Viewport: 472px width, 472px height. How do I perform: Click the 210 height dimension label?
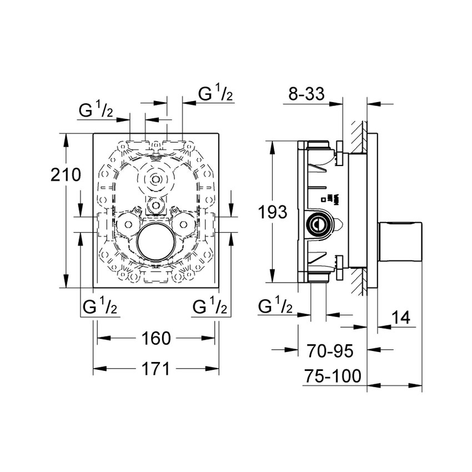click(x=66, y=176)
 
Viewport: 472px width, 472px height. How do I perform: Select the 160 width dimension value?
click(x=156, y=338)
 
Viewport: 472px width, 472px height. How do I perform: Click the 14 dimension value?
click(x=400, y=318)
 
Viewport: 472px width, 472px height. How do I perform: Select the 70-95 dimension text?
click(x=330, y=351)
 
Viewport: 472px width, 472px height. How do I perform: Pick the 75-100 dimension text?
click(x=333, y=376)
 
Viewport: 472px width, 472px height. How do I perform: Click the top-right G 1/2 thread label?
click(x=215, y=94)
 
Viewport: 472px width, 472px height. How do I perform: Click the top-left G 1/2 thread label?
click(x=96, y=111)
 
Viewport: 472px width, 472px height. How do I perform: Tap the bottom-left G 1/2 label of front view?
click(x=99, y=306)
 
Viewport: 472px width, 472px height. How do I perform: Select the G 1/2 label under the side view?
click(x=276, y=306)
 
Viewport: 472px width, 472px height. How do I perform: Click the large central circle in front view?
click(x=156, y=245)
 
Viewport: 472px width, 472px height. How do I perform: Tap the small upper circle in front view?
click(x=157, y=179)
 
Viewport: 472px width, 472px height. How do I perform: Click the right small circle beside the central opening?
click(x=184, y=223)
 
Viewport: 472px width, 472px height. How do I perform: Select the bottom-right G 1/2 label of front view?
click(x=210, y=306)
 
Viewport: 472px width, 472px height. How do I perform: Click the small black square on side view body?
click(x=323, y=199)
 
